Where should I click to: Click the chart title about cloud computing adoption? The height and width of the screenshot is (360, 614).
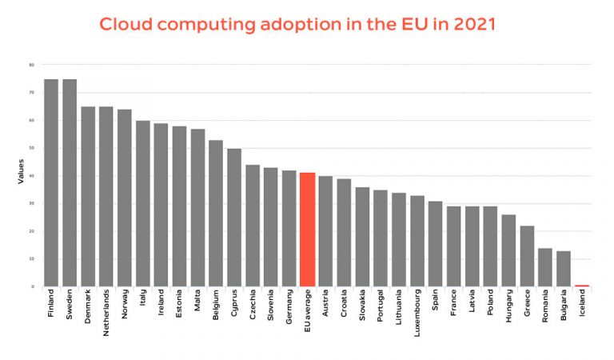point(297,25)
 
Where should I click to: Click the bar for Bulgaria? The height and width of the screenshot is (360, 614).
point(563,269)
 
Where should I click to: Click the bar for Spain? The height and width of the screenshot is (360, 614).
point(435,244)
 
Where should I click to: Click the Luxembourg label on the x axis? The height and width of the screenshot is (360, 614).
point(417,318)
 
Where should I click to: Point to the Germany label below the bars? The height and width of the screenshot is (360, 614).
point(289,313)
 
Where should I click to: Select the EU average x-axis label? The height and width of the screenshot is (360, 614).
point(308,315)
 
